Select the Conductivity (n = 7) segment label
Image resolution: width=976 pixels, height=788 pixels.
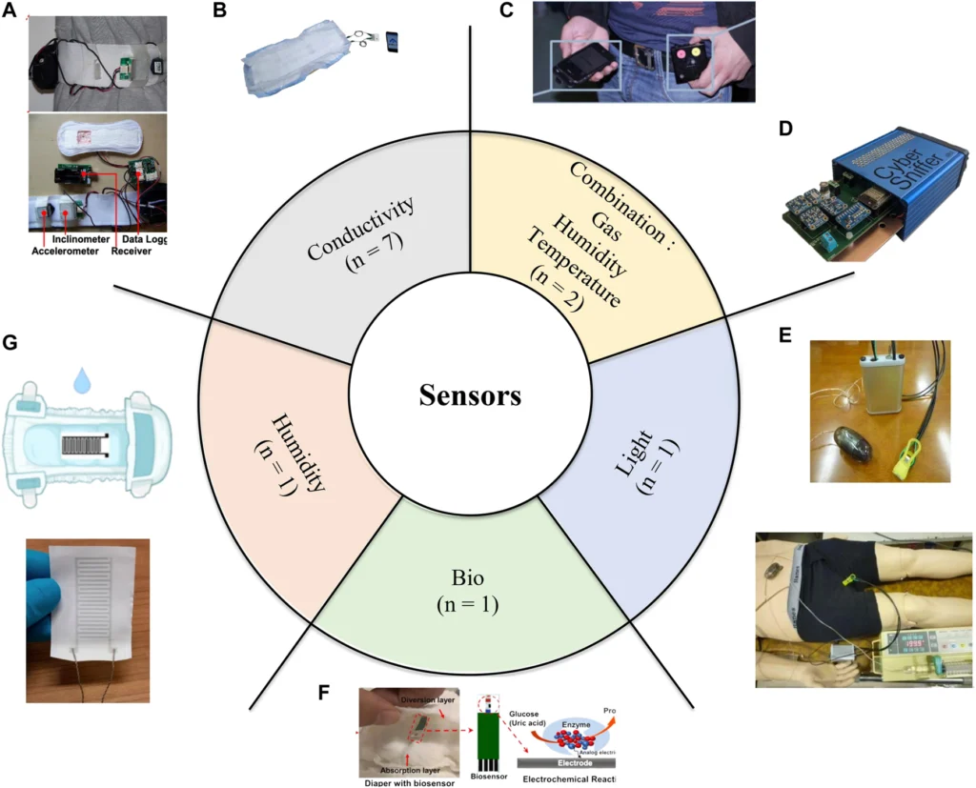pos(356,242)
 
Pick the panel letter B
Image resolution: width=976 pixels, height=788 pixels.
pos(219,10)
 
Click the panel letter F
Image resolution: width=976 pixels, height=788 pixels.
pos(324,691)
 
